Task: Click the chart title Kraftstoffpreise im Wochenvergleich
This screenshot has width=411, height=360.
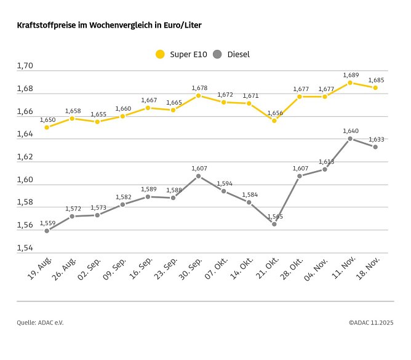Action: pyautogui.click(x=109, y=25)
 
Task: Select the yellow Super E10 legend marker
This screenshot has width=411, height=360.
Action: pyautogui.click(x=161, y=54)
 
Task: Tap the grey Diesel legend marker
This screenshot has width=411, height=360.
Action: pyautogui.click(x=217, y=54)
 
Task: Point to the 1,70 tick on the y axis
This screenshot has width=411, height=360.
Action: pyautogui.click(x=26, y=65)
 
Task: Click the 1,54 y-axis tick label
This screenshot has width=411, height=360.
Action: pyautogui.click(x=26, y=247)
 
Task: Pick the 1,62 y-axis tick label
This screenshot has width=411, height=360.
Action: pyautogui.click(x=26, y=156)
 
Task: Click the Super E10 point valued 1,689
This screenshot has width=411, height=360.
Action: pyautogui.click(x=350, y=82)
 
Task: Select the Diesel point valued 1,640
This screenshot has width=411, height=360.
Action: pyautogui.click(x=350, y=138)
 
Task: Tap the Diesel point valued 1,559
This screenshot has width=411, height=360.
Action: pyautogui.click(x=47, y=231)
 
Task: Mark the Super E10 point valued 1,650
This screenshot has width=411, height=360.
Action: pyautogui.click(x=47, y=127)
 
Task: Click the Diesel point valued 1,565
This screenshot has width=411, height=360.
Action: pyautogui.click(x=274, y=224)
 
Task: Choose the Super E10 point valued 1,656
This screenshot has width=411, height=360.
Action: pyautogui.click(x=274, y=121)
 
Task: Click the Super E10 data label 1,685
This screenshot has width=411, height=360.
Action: pyautogui.click(x=376, y=80)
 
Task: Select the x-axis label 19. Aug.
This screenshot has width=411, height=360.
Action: pyautogui.click(x=39, y=270)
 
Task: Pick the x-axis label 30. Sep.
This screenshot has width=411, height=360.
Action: pyautogui.click(x=191, y=270)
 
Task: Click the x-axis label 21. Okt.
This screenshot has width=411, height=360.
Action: pyautogui.click(x=266, y=270)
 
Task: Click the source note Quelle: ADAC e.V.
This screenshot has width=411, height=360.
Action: pyautogui.click(x=40, y=322)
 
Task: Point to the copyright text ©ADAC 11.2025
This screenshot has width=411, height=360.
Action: pyautogui.click(x=370, y=322)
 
